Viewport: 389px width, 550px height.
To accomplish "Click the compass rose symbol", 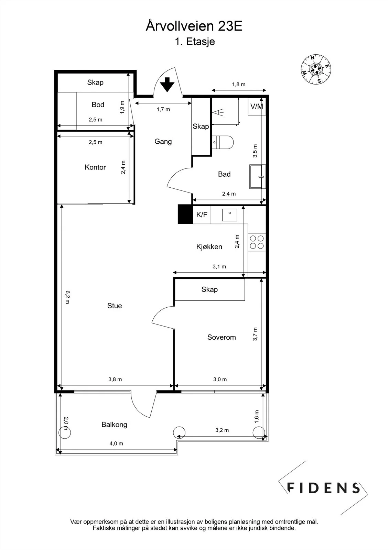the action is click(316, 69).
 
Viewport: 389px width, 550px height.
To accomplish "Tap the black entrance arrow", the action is click(167, 85).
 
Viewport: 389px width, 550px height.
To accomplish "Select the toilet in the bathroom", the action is click(223, 142).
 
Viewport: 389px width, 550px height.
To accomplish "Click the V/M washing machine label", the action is click(257, 107).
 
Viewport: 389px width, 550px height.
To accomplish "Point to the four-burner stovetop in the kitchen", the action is click(257, 242).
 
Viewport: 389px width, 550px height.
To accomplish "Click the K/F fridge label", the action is click(202, 214).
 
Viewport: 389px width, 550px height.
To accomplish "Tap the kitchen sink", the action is click(229, 215).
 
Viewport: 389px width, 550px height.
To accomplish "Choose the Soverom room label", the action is click(221, 337).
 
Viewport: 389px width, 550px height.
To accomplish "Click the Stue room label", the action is click(115, 306).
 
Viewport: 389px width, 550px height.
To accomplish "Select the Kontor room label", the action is click(95, 167).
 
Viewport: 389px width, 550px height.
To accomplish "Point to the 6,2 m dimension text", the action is click(67, 297).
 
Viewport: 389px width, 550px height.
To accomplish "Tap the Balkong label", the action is click(114, 425).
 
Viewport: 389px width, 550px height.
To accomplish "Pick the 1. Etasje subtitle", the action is click(195, 42).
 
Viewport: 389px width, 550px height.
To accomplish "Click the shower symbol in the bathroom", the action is click(218, 112).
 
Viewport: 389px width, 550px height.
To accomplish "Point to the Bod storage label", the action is click(98, 104).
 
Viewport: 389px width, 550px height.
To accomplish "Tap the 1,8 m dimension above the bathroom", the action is click(239, 85).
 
